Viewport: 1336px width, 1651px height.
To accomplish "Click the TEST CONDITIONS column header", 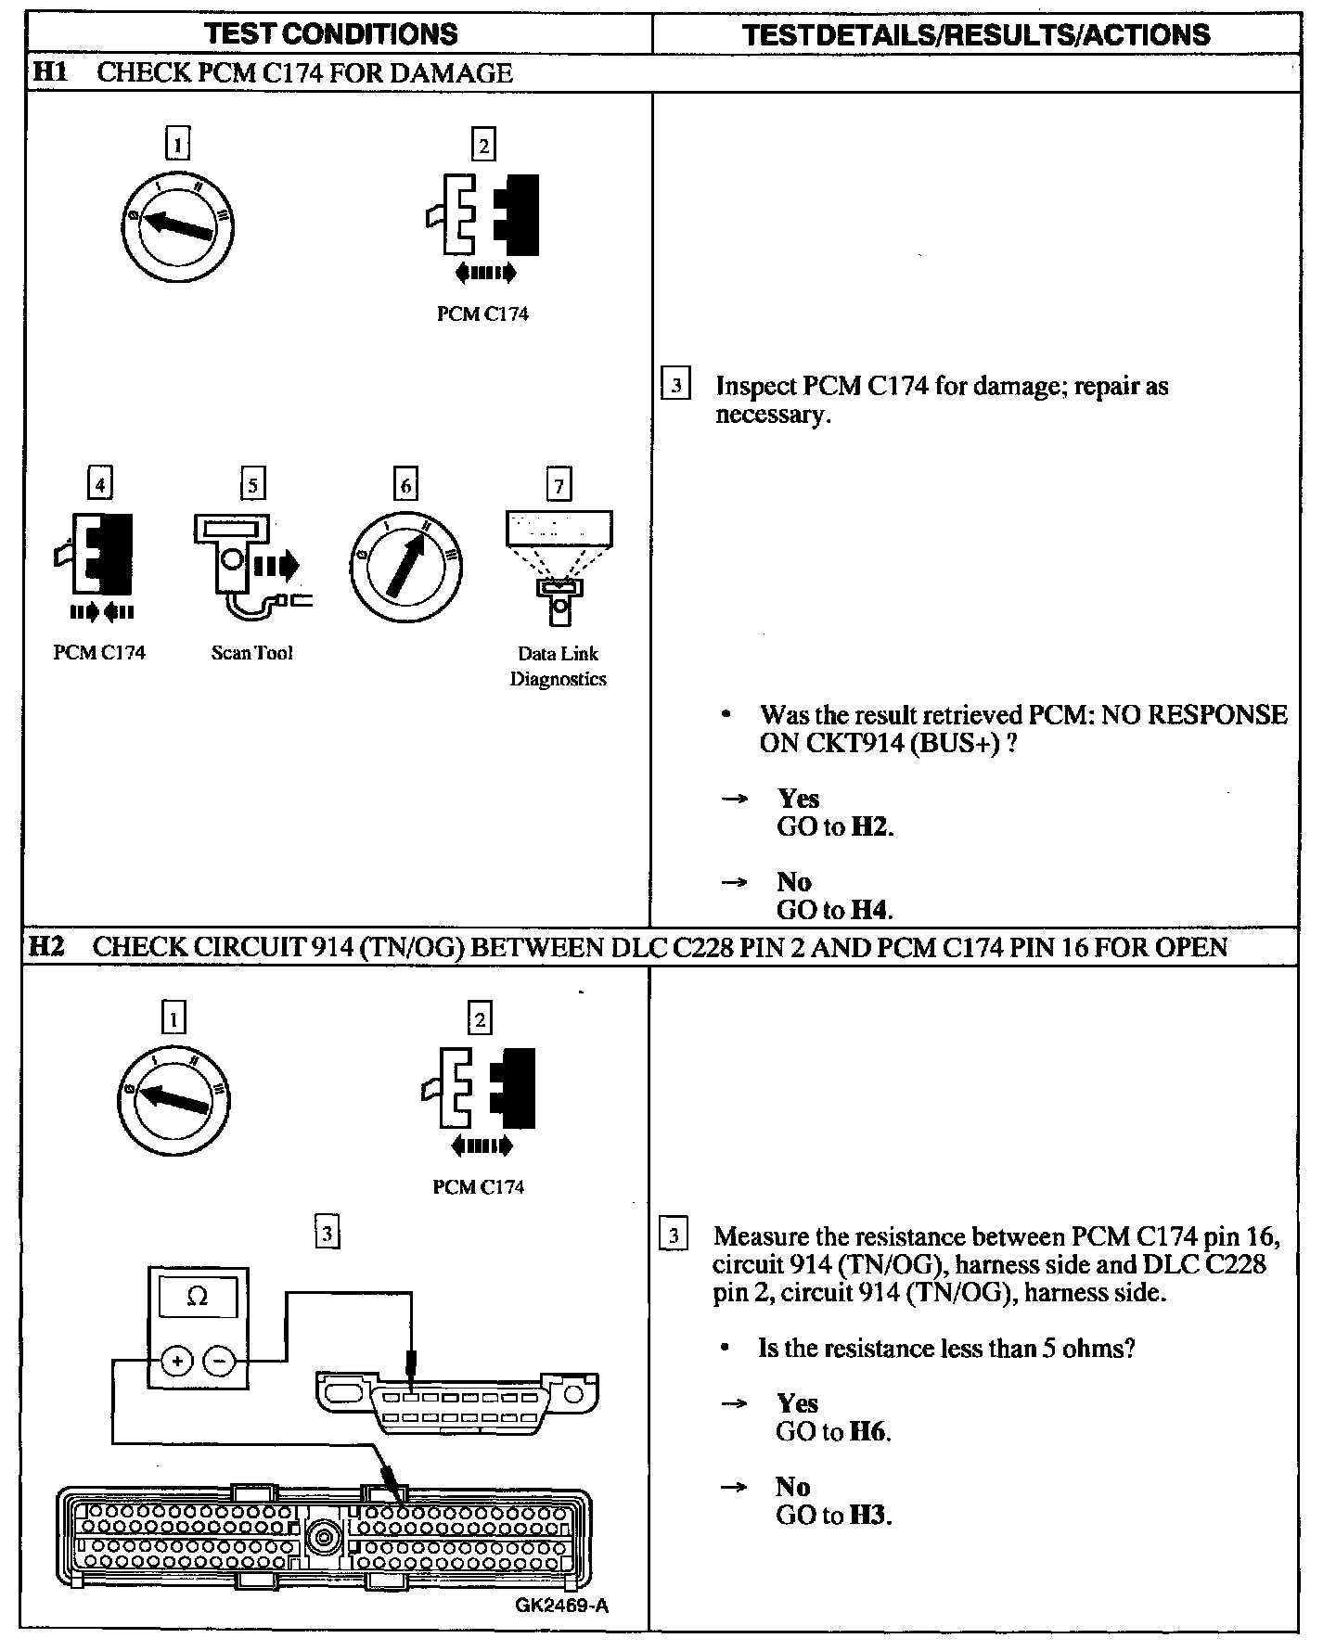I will pyautogui.click(x=331, y=34).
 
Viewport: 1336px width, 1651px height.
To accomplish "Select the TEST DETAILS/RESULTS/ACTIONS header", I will pyautogui.click(x=976, y=35).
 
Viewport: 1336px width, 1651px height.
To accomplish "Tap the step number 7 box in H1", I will pyautogui.click(x=559, y=484).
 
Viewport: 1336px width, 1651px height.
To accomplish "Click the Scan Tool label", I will pyautogui.click(x=251, y=653).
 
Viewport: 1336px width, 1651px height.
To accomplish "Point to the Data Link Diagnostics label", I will pyautogui.click(x=559, y=666).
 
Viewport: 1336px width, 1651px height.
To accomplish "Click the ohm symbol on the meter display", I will pyautogui.click(x=198, y=1297).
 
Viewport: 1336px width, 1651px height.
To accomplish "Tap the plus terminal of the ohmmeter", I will pyautogui.click(x=177, y=1361).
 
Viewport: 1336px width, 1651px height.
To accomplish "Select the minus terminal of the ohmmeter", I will pyautogui.click(x=220, y=1361).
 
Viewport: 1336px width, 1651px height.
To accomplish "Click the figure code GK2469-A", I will pyautogui.click(x=562, y=1606).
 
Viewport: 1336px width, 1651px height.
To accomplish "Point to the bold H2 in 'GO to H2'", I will pyautogui.click(x=870, y=827).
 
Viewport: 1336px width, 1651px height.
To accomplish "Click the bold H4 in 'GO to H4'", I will pyautogui.click(x=870, y=910).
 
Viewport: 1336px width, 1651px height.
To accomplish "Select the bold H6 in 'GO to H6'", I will pyautogui.click(x=868, y=1431).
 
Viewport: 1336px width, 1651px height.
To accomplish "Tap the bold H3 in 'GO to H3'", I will pyautogui.click(x=868, y=1515).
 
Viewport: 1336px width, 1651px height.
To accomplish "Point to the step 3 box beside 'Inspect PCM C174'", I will pyautogui.click(x=675, y=384).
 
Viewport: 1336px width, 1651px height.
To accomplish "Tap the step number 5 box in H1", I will pyautogui.click(x=252, y=484).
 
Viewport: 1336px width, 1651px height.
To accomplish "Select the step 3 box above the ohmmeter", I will pyautogui.click(x=327, y=1234).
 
